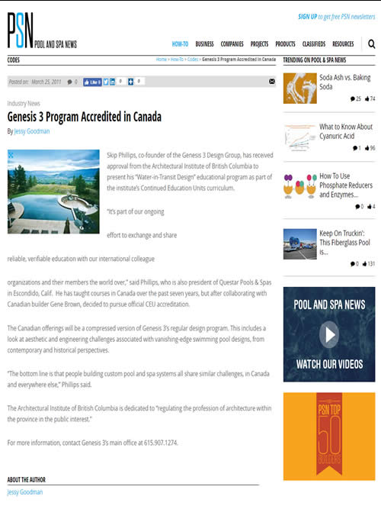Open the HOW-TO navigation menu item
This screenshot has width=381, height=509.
180,44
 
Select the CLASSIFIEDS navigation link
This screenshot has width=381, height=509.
312,44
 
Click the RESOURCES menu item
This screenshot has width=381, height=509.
343,44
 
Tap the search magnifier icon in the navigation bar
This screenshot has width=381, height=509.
371,44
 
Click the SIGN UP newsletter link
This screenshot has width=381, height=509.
308,16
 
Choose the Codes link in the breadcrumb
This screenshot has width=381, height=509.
193,59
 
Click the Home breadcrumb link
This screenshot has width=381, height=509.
162,59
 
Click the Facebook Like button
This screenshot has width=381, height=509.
91,81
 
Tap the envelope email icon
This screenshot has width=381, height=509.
272,81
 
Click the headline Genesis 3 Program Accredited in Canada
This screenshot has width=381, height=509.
84,118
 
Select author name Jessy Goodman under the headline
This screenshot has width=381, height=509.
32,131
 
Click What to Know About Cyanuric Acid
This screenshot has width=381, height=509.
346,131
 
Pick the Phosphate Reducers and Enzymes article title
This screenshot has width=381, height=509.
346,185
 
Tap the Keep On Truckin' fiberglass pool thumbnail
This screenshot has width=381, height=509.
299,244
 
